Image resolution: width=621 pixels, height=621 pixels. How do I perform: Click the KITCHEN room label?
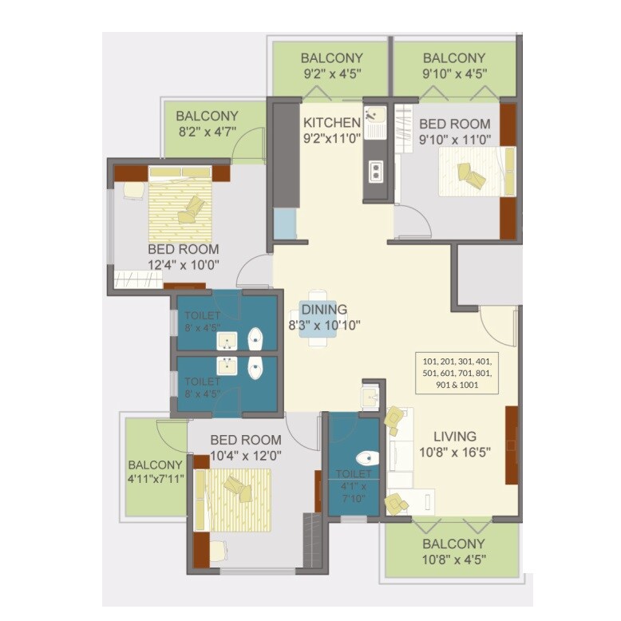331,123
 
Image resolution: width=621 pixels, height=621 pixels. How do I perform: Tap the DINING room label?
324,310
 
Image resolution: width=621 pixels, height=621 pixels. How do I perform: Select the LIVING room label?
455,437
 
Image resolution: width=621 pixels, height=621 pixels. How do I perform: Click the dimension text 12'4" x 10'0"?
183,264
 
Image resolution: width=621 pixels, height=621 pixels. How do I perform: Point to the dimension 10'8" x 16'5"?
455,451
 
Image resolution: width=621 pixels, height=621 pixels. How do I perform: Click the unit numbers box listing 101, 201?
458,373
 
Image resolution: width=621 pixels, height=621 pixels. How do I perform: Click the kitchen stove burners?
374,171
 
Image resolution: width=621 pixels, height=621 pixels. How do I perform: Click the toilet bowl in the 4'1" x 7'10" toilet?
366,459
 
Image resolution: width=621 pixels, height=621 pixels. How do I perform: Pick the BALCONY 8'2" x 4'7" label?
207,124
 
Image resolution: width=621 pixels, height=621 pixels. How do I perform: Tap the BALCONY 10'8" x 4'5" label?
453,552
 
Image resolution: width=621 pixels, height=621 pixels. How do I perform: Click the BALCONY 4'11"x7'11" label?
156,472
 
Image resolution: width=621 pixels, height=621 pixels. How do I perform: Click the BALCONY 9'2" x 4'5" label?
331,65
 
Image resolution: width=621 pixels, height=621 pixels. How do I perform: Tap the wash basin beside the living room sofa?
370,398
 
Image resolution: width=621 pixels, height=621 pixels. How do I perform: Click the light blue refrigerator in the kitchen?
285,225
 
